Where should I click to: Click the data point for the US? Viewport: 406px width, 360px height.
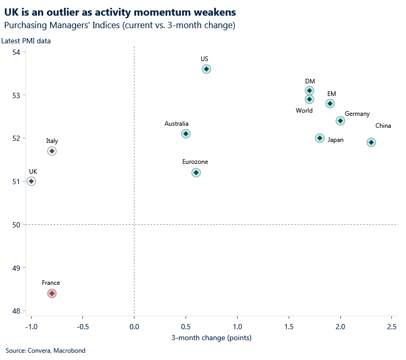click(x=206, y=69)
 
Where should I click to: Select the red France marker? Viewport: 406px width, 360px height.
click(x=52, y=293)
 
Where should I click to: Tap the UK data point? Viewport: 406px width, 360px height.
click(x=31, y=181)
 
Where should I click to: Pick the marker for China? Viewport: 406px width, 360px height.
click(x=371, y=142)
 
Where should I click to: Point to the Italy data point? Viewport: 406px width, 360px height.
click(x=52, y=151)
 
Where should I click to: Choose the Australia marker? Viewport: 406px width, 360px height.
click(x=186, y=134)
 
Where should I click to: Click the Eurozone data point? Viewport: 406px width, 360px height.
click(x=196, y=173)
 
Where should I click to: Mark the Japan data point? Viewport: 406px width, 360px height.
click(x=319, y=138)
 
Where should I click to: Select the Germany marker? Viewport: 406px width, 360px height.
click(x=340, y=121)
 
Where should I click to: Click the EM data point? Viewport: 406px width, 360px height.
click(x=330, y=103)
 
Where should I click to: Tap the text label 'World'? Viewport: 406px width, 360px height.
click(x=304, y=111)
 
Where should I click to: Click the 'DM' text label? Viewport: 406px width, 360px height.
click(x=310, y=81)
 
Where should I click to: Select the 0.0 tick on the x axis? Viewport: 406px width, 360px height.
click(x=134, y=327)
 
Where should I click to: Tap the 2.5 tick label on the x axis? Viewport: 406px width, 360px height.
click(x=391, y=327)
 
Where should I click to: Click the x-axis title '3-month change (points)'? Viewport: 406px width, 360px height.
click(x=211, y=338)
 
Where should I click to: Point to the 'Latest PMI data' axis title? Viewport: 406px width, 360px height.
click(x=26, y=41)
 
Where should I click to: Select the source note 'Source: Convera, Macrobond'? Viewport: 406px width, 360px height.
click(x=45, y=351)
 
